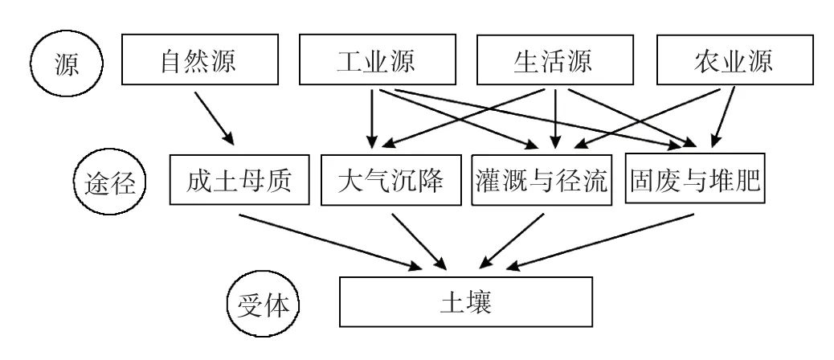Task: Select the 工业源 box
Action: tap(374, 60)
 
